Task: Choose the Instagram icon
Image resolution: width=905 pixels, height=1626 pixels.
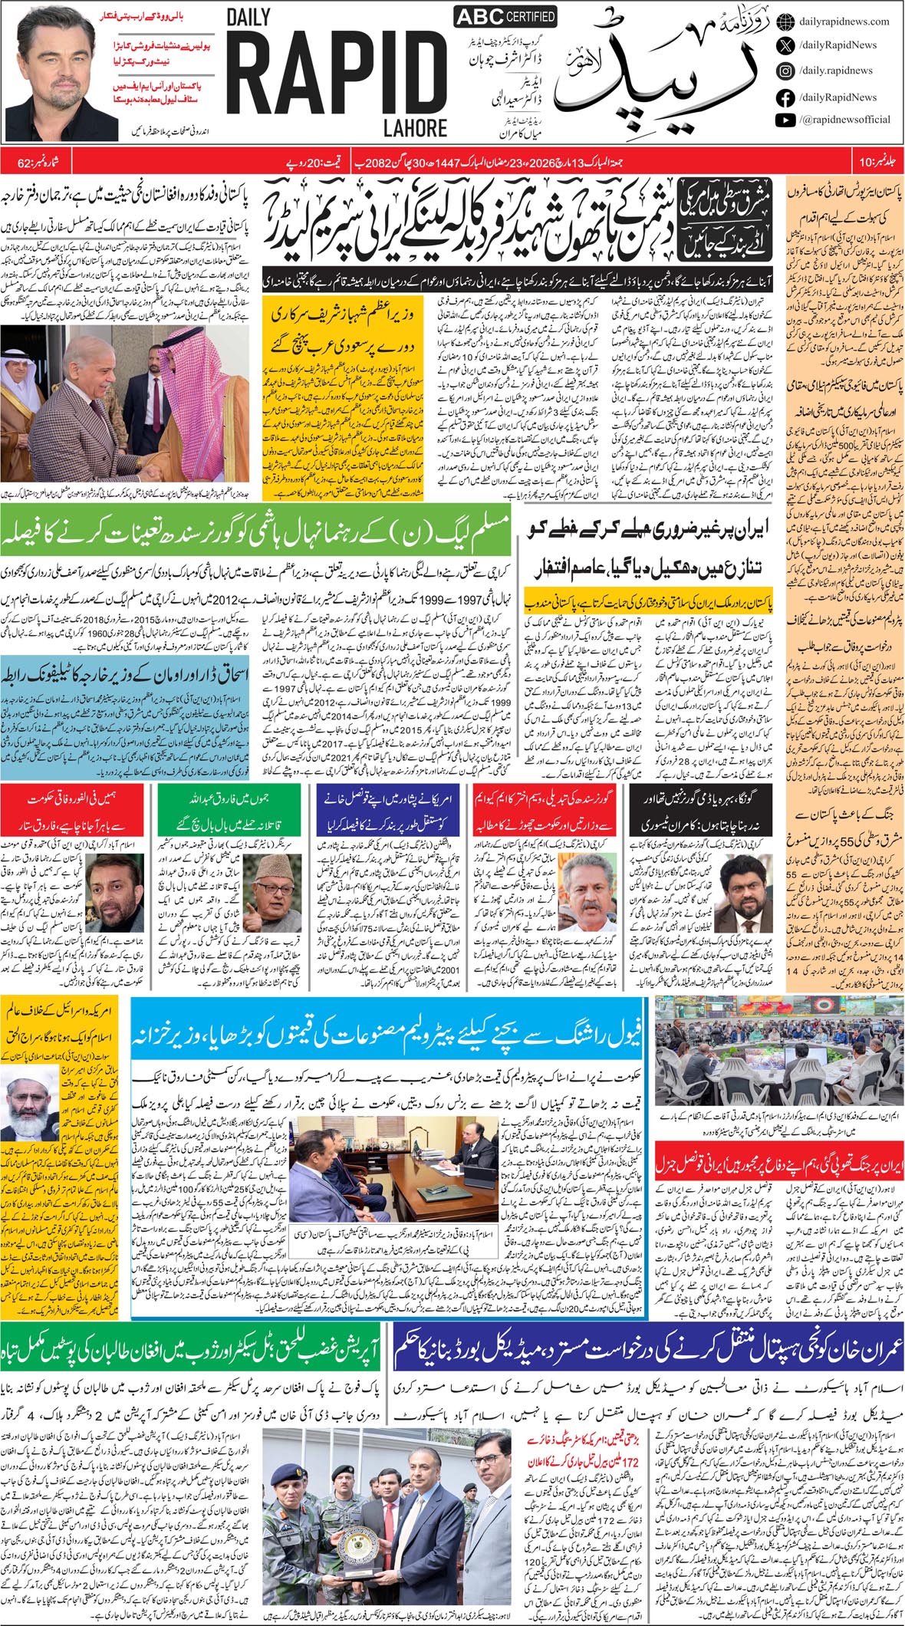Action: click(785, 71)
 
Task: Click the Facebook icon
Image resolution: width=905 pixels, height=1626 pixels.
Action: click(785, 97)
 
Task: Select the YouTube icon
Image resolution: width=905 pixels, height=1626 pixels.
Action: click(785, 120)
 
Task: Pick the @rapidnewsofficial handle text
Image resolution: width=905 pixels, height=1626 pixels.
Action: click(844, 120)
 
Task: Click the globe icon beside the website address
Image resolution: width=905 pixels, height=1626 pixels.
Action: click(785, 21)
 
